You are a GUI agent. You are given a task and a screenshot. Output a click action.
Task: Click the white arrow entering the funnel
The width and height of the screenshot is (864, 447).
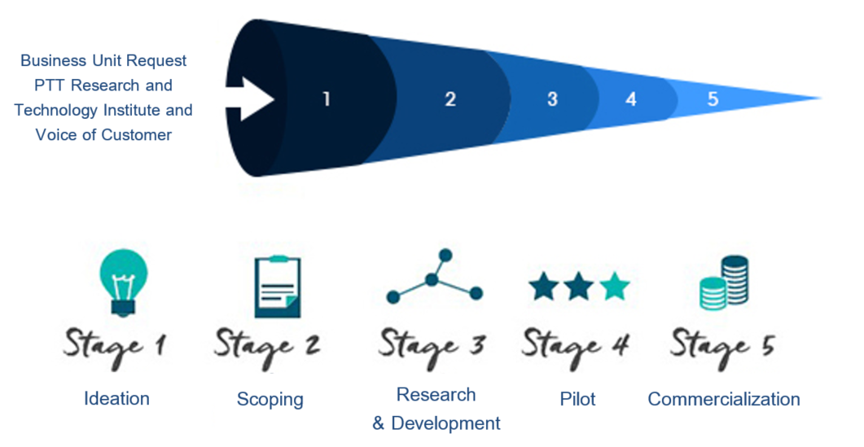(251, 99)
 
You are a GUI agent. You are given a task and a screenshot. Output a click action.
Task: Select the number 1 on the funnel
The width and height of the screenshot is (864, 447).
(327, 99)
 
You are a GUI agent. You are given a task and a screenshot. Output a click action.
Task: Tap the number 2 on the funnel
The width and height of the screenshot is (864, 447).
(450, 99)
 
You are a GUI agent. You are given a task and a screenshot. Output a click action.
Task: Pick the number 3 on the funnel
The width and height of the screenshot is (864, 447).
(552, 99)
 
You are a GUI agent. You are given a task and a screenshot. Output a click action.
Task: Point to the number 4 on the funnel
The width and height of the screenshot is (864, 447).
(631, 99)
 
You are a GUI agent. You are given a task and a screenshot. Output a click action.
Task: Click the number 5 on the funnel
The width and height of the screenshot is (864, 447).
(713, 99)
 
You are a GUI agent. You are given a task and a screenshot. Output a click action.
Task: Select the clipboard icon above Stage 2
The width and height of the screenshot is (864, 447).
(278, 287)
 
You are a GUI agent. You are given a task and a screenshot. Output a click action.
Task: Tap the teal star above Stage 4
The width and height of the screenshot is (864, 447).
(614, 287)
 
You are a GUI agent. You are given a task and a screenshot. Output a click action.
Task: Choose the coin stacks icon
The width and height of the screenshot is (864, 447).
(724, 283)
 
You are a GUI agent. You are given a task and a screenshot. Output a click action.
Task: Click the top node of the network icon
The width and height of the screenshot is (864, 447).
(445, 256)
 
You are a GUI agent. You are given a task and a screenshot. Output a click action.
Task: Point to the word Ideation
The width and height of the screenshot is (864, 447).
(116, 398)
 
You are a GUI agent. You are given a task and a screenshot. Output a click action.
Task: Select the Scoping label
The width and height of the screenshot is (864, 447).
(270, 400)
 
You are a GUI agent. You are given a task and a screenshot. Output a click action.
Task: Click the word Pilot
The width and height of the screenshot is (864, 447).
(577, 398)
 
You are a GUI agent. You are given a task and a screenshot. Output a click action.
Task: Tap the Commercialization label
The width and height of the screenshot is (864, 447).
(724, 398)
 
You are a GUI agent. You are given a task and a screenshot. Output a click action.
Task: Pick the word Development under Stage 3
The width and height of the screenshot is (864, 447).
(445, 423)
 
